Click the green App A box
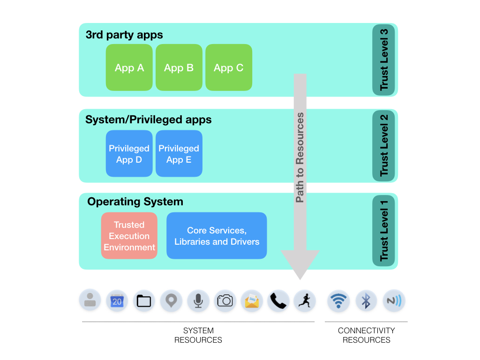click(x=129, y=67)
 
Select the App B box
click(x=179, y=67)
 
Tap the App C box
click(x=229, y=67)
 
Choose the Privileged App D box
click(x=129, y=154)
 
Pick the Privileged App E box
click(x=179, y=154)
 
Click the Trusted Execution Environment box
click(x=129, y=236)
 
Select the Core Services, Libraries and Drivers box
click(x=217, y=236)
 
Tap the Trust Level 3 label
click(x=384, y=60)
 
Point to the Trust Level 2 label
click(x=384, y=145)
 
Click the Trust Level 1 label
click(x=384, y=231)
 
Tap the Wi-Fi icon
click(x=338, y=301)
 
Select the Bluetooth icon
click(x=366, y=301)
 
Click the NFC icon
click(x=394, y=301)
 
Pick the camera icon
click(x=225, y=301)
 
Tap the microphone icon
click(x=198, y=301)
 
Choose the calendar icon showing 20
click(x=117, y=301)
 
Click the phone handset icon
click(x=278, y=301)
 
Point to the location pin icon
click(x=171, y=301)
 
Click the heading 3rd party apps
click(x=124, y=35)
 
